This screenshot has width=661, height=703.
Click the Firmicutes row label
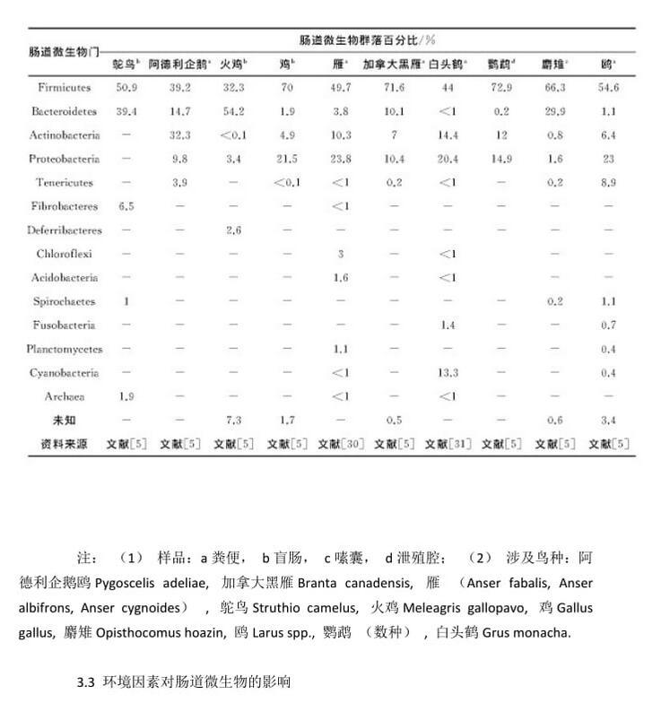click(65, 88)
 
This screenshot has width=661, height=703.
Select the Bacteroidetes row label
click(65, 112)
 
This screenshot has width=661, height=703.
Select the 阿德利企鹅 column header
click(179, 65)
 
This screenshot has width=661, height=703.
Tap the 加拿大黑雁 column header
click(392, 65)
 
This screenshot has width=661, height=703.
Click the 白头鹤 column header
click(448, 65)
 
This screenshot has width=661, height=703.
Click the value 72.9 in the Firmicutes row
click(500, 88)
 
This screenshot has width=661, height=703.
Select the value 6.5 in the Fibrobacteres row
click(126, 206)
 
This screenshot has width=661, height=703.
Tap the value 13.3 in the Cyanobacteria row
click(448, 373)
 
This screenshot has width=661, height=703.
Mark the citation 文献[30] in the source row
click(340, 443)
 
